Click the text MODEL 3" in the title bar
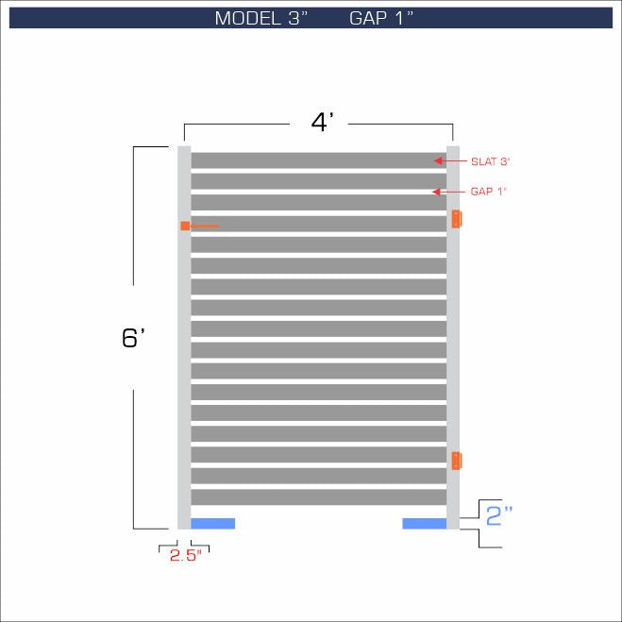pos(261,18)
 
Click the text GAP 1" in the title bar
pos(382,18)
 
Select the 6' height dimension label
pos(132,338)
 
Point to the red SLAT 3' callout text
pos(490,161)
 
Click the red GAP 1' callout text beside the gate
pos(489,192)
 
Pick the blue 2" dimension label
pos(499,515)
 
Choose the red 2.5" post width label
pos(186,556)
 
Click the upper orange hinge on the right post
pos(457,219)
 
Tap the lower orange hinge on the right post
pos(457,461)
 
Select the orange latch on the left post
pos(186,227)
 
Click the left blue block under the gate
pos(212,524)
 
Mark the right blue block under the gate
pos(424,524)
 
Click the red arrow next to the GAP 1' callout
pos(438,192)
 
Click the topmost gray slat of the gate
pos(318,160)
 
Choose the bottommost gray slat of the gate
pos(318,497)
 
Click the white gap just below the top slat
pos(318,171)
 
